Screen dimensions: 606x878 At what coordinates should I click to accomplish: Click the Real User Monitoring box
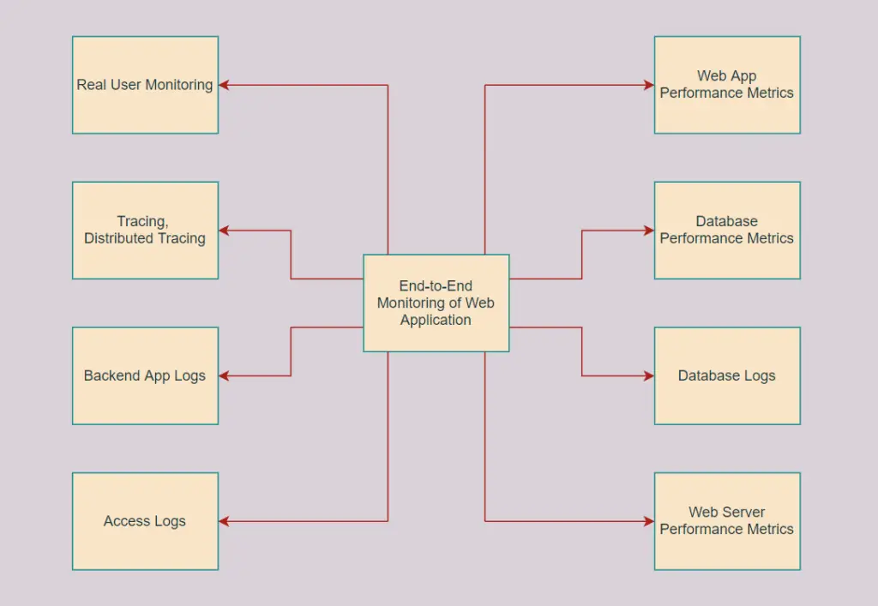pos(145,85)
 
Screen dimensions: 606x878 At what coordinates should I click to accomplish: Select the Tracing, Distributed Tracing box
pos(145,230)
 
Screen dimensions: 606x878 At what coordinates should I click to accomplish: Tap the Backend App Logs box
pos(145,375)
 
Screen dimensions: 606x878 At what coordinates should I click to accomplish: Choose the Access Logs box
pos(145,521)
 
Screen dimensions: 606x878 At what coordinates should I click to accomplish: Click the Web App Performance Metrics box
pos(727,85)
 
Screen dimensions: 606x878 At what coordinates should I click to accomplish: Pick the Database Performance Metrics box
pos(727,230)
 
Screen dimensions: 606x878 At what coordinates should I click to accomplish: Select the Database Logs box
pos(727,375)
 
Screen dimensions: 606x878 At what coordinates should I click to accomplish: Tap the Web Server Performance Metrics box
pos(727,521)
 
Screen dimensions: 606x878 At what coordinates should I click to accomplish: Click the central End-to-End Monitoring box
pos(436,303)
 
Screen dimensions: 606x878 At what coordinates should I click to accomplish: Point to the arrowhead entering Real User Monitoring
pos(224,85)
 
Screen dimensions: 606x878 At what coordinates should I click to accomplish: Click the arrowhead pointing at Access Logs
pos(224,521)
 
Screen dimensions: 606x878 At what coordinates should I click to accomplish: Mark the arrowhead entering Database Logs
pos(648,375)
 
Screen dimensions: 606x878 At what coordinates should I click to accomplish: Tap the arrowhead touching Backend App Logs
pos(224,375)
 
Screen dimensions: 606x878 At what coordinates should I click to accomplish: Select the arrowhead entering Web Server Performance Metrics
pos(648,521)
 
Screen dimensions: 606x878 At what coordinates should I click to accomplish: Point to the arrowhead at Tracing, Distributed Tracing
pos(224,230)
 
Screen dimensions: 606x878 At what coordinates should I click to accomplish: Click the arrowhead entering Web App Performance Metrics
pos(648,85)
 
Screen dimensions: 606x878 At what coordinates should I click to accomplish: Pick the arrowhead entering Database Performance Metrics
pos(648,230)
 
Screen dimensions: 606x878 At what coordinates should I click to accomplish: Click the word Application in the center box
pos(436,320)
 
